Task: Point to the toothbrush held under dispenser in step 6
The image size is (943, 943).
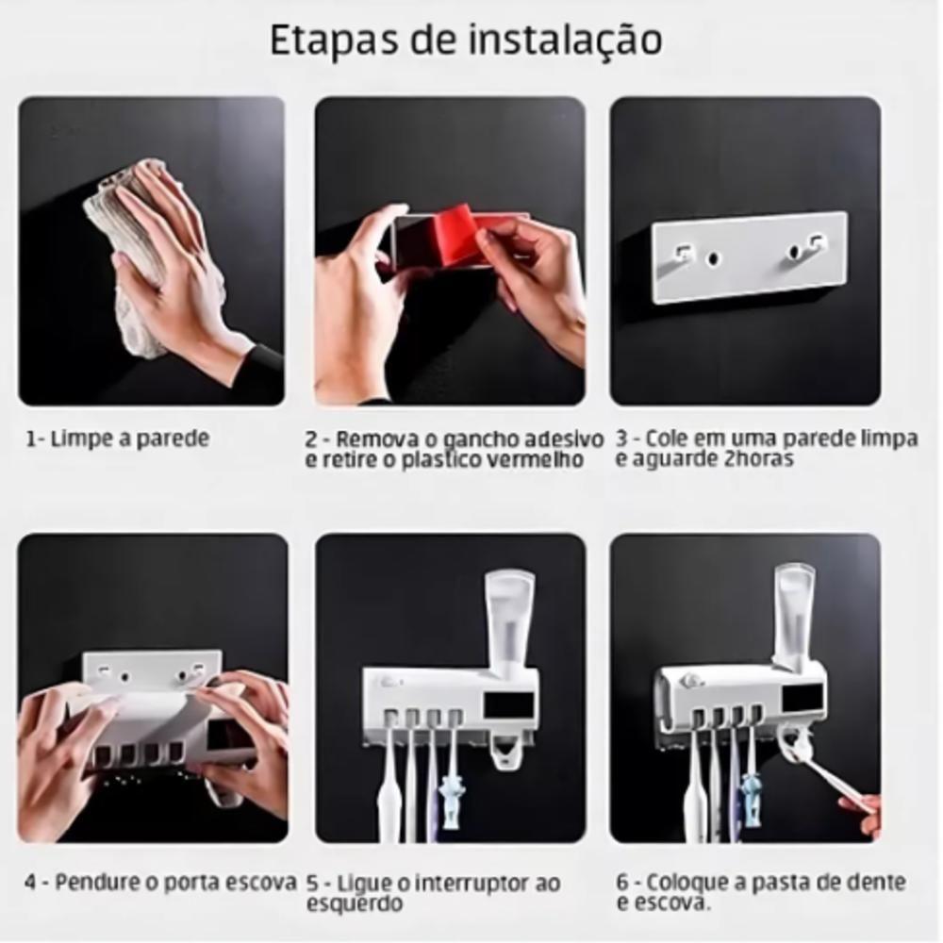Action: (x=830, y=778)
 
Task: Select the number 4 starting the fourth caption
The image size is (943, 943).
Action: (x=31, y=884)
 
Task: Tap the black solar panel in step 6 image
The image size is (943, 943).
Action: (x=802, y=700)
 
